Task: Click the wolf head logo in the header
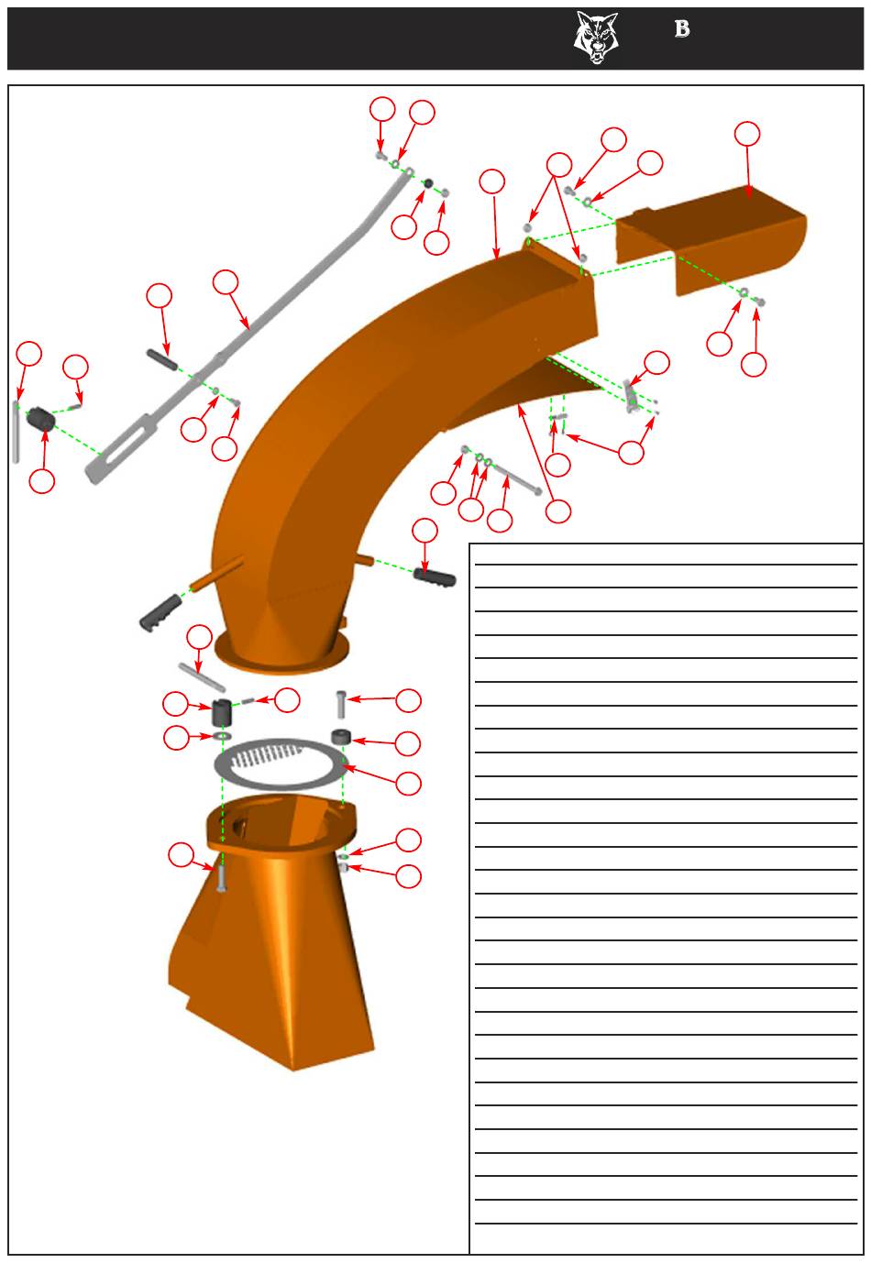click(x=596, y=38)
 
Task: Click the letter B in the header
click(x=682, y=28)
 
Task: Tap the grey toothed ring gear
click(x=279, y=763)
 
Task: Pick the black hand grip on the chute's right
click(x=435, y=577)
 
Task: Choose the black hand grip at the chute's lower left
click(x=160, y=612)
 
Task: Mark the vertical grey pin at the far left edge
click(x=16, y=432)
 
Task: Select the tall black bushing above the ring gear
click(x=223, y=713)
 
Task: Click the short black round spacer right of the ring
click(x=341, y=737)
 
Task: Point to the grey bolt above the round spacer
click(x=341, y=704)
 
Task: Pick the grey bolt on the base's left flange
click(x=221, y=879)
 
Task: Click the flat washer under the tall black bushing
click(x=223, y=736)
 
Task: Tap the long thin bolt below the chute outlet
click(x=513, y=478)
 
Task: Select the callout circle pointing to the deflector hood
click(x=747, y=134)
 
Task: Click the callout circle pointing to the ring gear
click(x=408, y=783)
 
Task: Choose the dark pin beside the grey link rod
click(x=162, y=358)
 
